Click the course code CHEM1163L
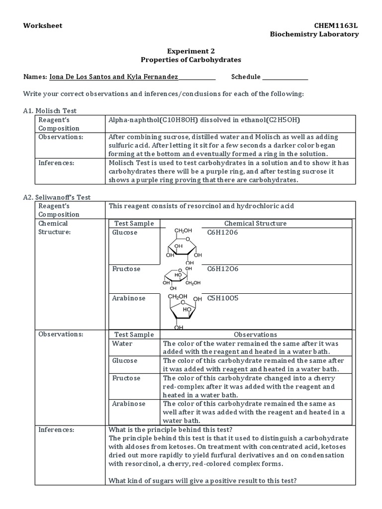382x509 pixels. coord(336,25)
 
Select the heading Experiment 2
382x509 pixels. coord(191,51)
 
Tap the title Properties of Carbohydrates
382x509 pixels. coord(191,59)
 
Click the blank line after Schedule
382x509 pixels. coord(285,78)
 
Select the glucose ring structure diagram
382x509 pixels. coord(182,246)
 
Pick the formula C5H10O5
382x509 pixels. coord(223,298)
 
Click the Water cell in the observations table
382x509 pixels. coord(122,343)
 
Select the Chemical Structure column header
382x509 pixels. coord(255,223)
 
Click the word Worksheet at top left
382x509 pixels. coord(43,25)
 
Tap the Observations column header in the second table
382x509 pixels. coord(255,335)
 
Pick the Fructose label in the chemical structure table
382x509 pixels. coord(126,269)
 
